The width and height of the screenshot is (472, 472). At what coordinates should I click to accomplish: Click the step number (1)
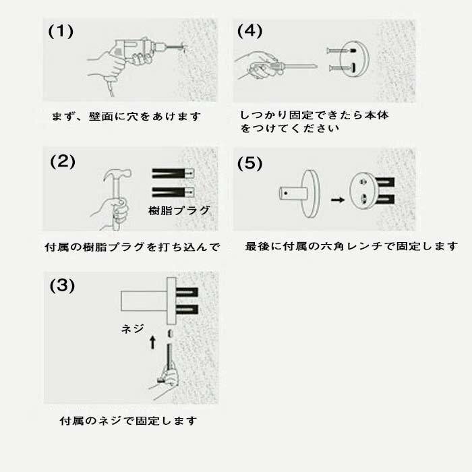tap(61, 31)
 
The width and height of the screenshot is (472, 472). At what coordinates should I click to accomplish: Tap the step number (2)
tap(63, 162)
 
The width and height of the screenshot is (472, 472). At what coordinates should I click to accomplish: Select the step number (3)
tap(62, 285)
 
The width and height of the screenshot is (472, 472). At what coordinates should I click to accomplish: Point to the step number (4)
tap(250, 31)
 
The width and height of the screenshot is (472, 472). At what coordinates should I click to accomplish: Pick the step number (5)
tap(250, 163)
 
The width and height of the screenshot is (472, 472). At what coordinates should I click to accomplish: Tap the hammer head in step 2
tap(117, 175)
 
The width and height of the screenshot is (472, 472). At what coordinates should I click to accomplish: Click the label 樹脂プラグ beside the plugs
tap(179, 210)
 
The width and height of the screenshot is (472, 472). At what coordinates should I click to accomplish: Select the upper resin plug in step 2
tap(173, 173)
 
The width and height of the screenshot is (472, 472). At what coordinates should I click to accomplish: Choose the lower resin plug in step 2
tap(173, 192)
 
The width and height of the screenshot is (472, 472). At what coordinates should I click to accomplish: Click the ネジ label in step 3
tap(132, 329)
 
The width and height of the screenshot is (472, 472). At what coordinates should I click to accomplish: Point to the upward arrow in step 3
tap(152, 343)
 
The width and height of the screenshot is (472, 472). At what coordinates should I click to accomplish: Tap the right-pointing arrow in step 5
tap(337, 200)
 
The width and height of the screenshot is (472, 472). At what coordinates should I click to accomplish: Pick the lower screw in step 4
tap(343, 68)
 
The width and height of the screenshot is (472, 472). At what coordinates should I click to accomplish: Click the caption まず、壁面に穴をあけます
tap(126, 116)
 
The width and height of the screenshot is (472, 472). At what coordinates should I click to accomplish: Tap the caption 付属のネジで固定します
tap(129, 421)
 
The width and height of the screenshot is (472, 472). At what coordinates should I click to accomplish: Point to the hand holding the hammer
tap(111, 212)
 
